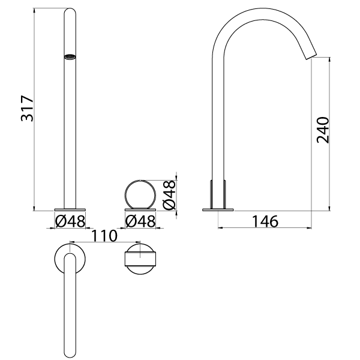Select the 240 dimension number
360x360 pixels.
[x=323, y=129]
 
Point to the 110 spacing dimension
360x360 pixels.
[x=105, y=236]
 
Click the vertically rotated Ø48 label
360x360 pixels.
[x=170, y=194]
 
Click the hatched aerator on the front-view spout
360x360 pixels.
[x=70, y=58]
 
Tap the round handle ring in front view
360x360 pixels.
[x=141, y=193]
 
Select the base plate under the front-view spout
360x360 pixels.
[x=70, y=209]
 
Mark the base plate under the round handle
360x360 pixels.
[x=141, y=209]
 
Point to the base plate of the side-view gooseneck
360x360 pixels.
[x=218, y=209]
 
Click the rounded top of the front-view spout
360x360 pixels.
[x=70, y=12]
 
